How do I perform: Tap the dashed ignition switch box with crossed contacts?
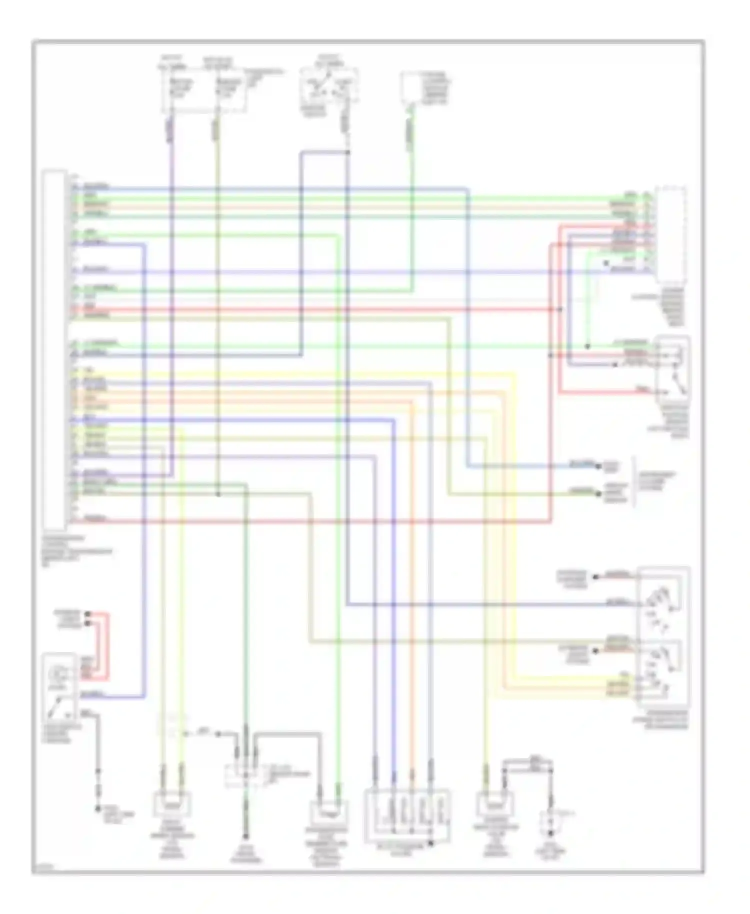pos(329,85)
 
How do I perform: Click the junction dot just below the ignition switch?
pos(347,151)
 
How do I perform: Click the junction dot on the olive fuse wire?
pos(218,495)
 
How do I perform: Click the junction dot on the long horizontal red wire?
pos(560,309)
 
